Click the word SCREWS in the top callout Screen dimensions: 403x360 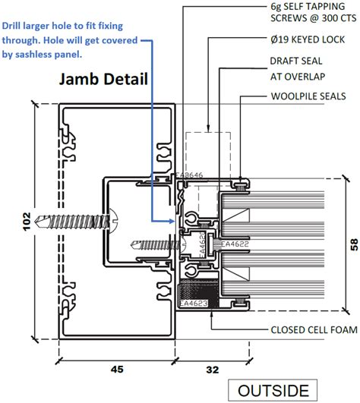[x=289, y=20]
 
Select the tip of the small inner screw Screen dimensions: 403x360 [x=134, y=244]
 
